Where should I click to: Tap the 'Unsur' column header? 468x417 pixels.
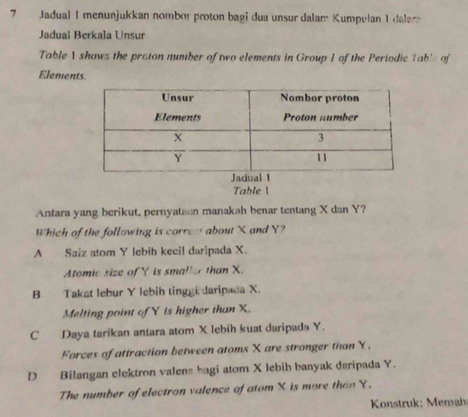click(x=177, y=98)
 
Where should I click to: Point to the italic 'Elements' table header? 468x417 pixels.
click(x=177, y=116)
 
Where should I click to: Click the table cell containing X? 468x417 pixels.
click(x=178, y=137)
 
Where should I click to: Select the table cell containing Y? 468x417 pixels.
click(x=178, y=156)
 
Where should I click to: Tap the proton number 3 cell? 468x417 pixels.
click(x=321, y=137)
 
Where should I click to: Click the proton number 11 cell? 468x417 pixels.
click(x=321, y=156)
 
